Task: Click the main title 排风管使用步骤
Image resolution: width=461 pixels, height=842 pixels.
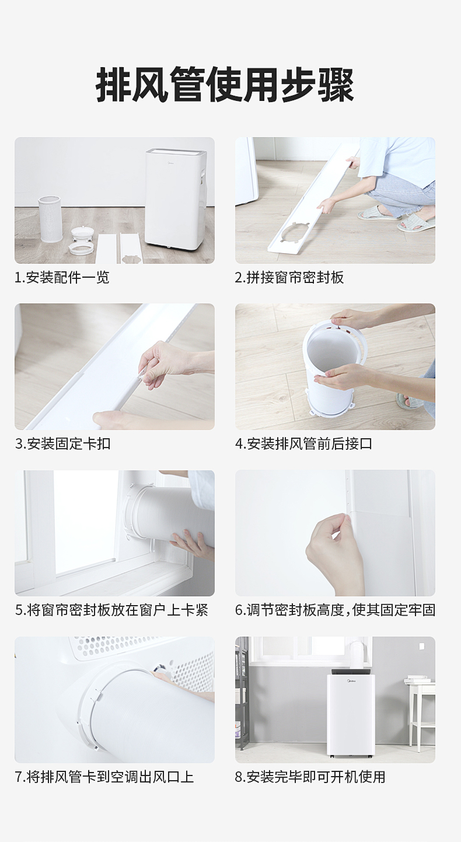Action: pos(225,85)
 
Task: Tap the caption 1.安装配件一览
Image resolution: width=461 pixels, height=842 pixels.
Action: pos(62,277)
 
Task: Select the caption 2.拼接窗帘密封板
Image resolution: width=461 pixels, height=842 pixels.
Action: pos(289,277)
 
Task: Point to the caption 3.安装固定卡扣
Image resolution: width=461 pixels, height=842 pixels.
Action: pos(63,443)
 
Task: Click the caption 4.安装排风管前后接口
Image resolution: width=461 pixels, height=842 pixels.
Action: pos(304,443)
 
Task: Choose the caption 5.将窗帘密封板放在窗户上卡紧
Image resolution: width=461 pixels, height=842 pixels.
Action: pos(111,610)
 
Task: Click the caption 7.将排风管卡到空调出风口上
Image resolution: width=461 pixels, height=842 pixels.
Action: pos(104,777)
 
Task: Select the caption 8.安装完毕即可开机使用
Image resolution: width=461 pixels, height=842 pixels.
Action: pos(310,777)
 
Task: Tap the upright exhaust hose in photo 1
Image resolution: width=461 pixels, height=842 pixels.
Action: pos(50,219)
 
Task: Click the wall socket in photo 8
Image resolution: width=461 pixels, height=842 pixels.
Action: pos(421,646)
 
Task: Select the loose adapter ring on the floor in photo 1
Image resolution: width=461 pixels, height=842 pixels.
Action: pos(81,249)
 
